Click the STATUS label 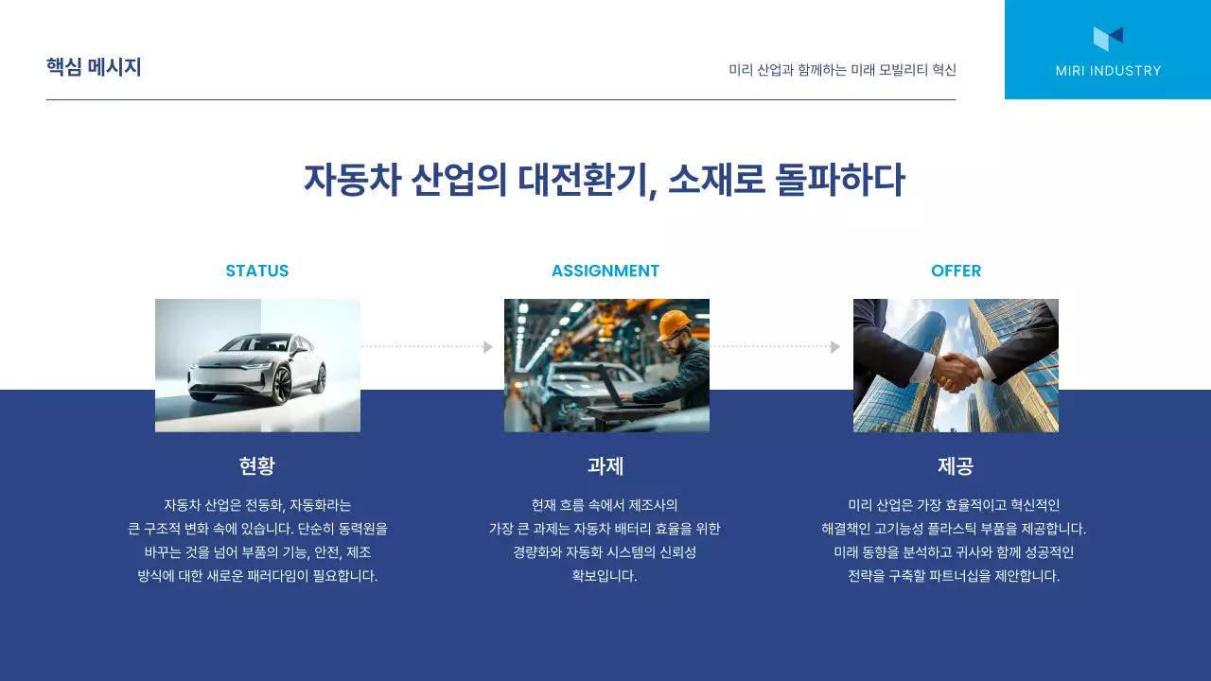tap(257, 271)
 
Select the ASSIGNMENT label tap(605, 271)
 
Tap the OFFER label tap(956, 271)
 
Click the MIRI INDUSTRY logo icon tap(1108, 38)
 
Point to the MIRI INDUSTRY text tap(1108, 71)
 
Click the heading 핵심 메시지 tap(94, 68)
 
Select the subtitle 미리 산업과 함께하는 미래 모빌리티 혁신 tap(842, 70)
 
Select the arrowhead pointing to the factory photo tap(488, 347)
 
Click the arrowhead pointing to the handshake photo tap(835, 347)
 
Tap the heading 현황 tap(257, 465)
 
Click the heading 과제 tap(605, 465)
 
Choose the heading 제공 tap(956, 465)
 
